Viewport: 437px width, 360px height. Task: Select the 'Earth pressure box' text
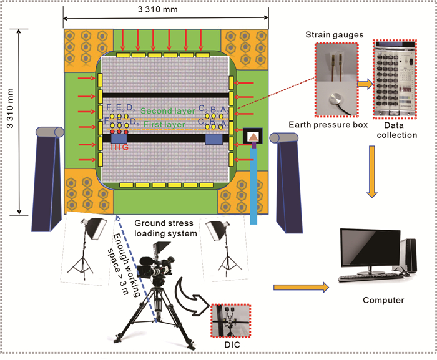[x=330, y=124]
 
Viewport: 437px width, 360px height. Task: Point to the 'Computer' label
[x=383, y=300]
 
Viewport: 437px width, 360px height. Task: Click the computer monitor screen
[x=371, y=250]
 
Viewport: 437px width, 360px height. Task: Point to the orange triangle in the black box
[x=255, y=138]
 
